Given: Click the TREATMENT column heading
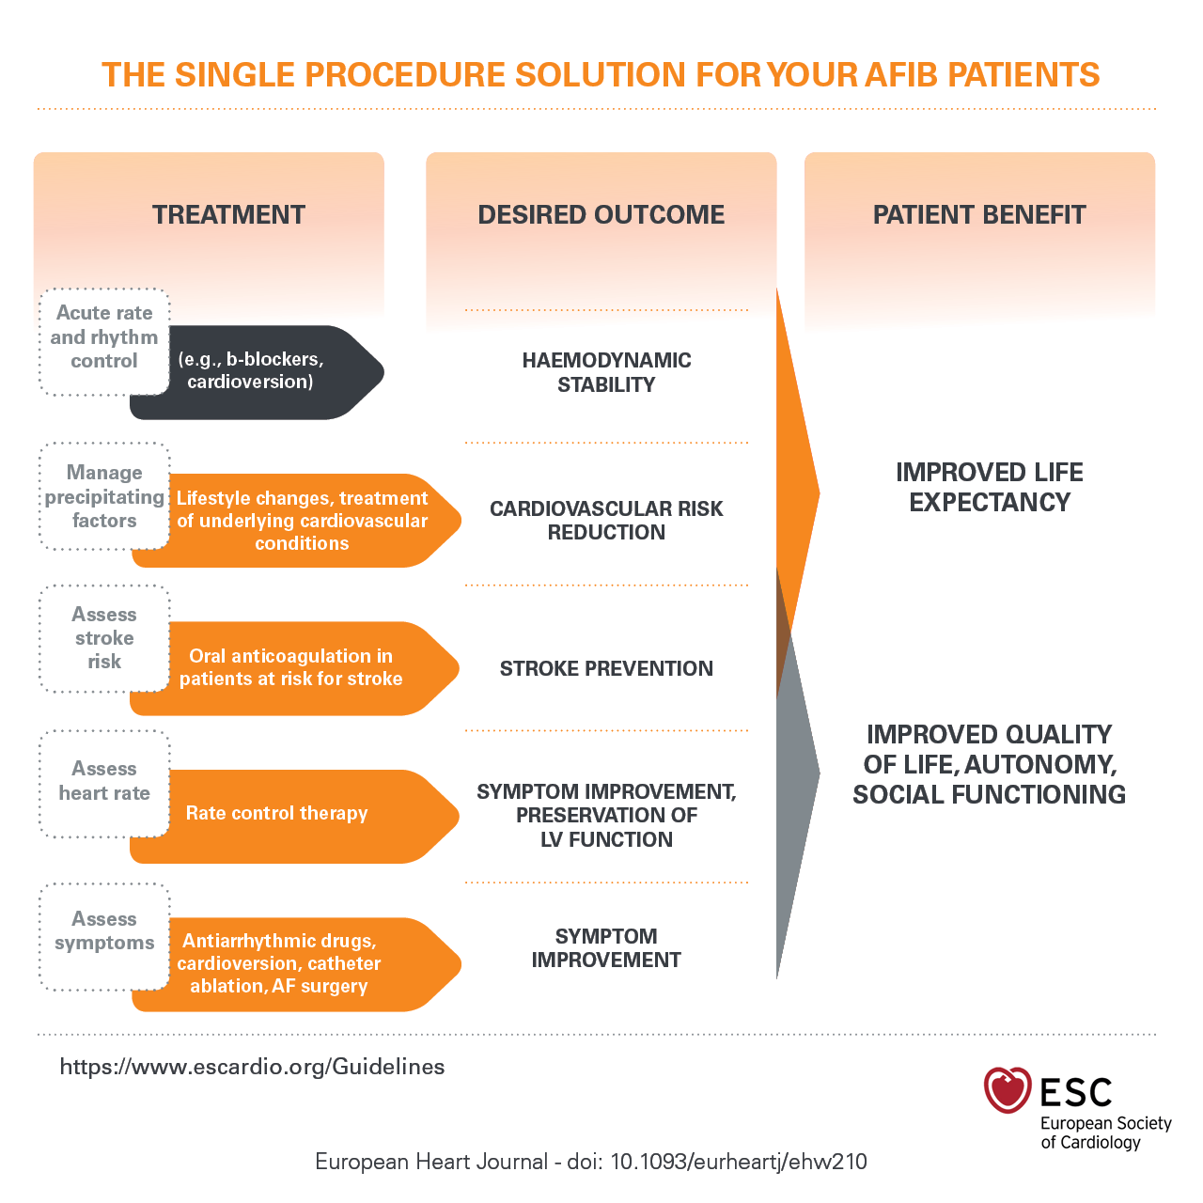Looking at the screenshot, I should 228,214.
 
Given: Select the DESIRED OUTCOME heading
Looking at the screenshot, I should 601,214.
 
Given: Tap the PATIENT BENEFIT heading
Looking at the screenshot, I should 978,214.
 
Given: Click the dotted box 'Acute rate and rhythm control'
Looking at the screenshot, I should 104,337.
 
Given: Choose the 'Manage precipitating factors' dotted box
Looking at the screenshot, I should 104,496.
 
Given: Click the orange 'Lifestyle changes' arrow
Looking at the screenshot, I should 301,521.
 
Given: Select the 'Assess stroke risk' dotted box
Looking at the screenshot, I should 104,638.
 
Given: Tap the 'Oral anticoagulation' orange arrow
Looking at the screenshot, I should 291,667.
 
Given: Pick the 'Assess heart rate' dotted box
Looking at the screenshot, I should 104,781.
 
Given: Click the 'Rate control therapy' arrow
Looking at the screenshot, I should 282,814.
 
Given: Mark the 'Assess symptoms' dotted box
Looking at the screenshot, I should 104,931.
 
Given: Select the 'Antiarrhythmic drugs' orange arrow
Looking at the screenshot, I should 282,963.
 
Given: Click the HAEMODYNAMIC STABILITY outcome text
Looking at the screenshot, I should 606,372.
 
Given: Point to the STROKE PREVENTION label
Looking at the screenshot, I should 606,668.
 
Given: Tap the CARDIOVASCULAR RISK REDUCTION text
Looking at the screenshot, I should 606,520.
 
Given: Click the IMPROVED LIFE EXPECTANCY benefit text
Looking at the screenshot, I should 989,487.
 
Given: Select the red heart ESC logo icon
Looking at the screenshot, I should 1007,1090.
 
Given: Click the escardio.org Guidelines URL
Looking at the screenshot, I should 252,1067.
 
